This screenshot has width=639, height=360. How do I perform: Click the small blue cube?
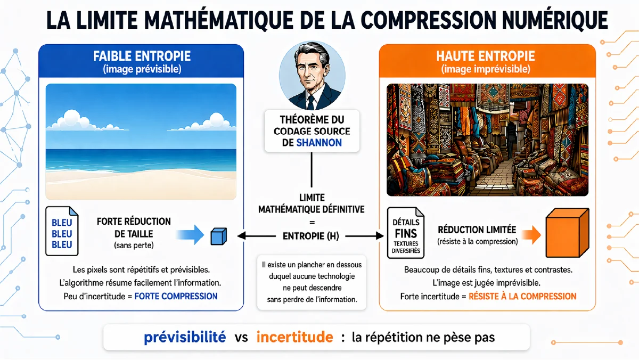[x=218, y=236]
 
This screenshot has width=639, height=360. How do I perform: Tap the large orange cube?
[x=567, y=233]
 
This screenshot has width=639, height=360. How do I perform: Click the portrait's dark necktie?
[x=310, y=103]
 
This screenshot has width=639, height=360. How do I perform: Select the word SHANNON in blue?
[x=319, y=143]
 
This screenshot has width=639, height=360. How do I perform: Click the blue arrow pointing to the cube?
[x=190, y=234]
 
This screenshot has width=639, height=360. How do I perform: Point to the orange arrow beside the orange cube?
[x=531, y=235]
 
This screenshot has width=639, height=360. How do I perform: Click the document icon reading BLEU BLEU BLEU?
[x=62, y=231]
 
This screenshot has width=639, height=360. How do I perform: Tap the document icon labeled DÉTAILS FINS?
[x=406, y=233]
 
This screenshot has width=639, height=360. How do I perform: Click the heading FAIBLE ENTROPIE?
[x=142, y=56]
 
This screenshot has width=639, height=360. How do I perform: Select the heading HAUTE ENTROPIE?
[x=485, y=56]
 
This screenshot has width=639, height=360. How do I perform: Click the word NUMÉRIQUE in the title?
[x=555, y=20]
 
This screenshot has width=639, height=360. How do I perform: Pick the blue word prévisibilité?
[x=185, y=337]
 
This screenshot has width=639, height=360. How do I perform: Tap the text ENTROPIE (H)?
[x=311, y=236]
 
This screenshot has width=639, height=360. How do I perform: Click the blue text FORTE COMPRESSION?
[x=176, y=297]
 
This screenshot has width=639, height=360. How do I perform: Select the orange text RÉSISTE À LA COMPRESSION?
[x=522, y=297]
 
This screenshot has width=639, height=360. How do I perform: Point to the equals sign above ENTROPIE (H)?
[x=312, y=223]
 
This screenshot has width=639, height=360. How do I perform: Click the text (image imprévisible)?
[x=486, y=69]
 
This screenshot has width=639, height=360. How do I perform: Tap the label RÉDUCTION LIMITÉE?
[x=477, y=230]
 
